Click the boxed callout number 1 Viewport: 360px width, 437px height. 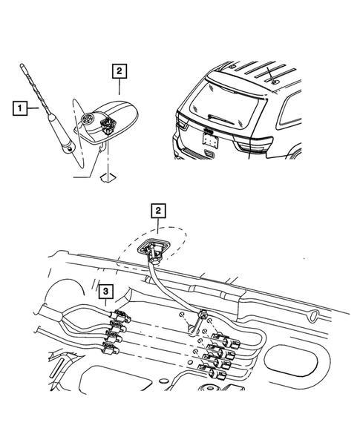(x=20, y=108)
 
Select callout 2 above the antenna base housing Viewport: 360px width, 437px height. (x=120, y=71)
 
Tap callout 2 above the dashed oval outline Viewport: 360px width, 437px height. (x=158, y=211)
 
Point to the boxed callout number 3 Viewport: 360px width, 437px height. (x=105, y=292)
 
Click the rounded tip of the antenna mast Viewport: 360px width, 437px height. (x=22, y=65)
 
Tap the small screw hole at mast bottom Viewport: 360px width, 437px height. (x=70, y=150)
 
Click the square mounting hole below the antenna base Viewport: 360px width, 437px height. (x=108, y=177)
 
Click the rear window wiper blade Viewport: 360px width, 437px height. (x=221, y=119)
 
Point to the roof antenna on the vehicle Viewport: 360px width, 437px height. (x=272, y=75)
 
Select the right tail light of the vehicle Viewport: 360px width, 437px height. (x=254, y=144)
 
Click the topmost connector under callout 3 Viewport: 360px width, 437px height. (x=120, y=316)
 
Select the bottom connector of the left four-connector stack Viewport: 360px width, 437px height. (x=111, y=348)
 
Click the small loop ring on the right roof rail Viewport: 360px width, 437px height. (x=313, y=316)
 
